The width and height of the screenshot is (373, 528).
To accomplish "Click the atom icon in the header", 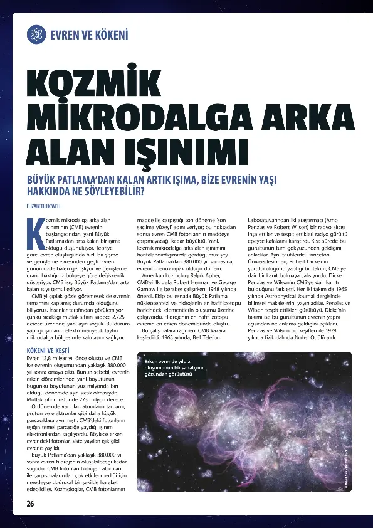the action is coord(37,33).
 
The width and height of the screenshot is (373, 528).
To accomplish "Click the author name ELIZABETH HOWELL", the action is coord(44,206).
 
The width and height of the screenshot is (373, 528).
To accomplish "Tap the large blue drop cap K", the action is coord(33,232).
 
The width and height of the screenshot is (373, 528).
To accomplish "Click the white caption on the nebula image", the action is coord(170,368).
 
